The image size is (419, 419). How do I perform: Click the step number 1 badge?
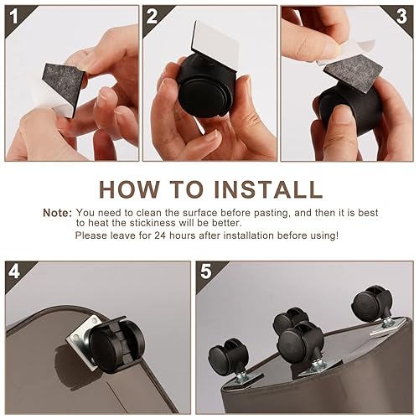pos(13,15)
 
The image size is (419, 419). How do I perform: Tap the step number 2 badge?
pos(152,15)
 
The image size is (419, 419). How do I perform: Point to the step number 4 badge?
pos(13,272)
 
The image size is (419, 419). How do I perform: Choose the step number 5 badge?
pos(206,272)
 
